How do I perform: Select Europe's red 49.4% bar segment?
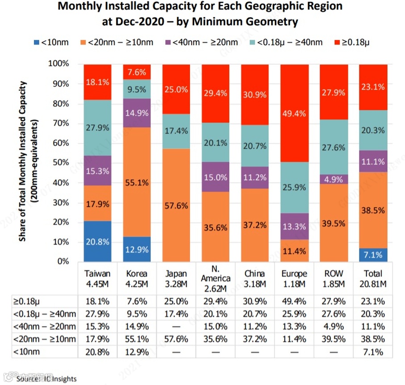tap(293, 113)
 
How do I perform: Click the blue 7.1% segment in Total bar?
tap(373, 255)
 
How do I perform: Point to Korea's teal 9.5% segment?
tap(136, 89)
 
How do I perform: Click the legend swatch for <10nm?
tap(36, 42)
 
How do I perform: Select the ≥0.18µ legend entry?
tap(352, 42)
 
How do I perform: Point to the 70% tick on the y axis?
tap(62, 123)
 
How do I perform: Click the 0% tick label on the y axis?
tap(64, 262)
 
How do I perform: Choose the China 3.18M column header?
tap(254, 278)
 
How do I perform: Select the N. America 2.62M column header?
tap(215, 279)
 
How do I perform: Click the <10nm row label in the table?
tap(27, 352)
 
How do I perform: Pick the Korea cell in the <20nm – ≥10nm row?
tap(136, 339)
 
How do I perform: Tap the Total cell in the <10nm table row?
tap(373, 352)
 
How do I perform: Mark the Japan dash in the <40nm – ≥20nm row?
tap(176, 327)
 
